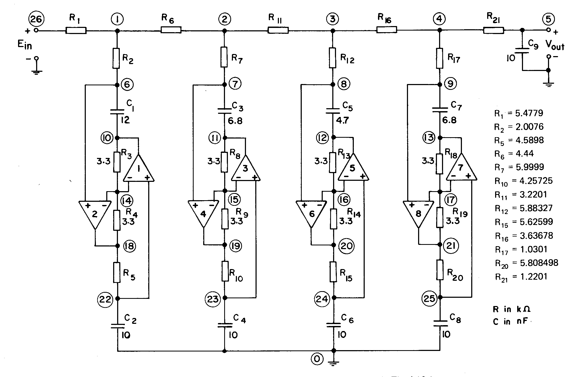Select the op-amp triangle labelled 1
point(138,168)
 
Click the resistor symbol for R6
point(171,30)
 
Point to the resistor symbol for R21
point(493,30)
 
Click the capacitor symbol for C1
point(117,111)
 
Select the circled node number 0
point(317,359)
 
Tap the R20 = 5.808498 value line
point(526,263)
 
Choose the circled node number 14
point(127,201)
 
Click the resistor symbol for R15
point(334,272)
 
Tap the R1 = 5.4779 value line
point(518,114)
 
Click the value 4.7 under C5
point(342,120)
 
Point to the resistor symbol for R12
point(333,57)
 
